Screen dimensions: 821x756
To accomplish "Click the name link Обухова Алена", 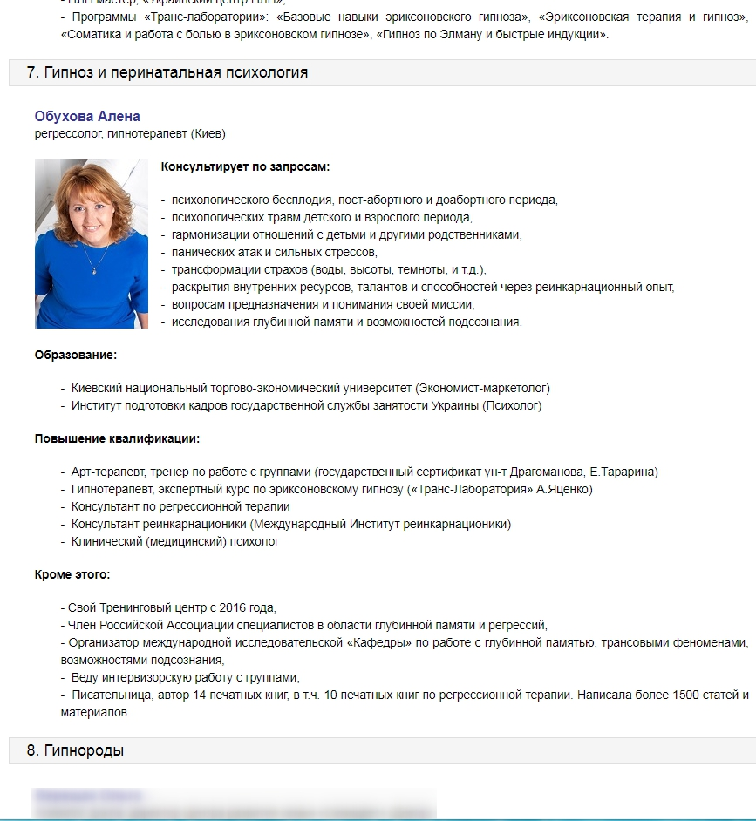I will point(87,117).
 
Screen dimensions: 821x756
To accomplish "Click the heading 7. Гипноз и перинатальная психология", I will point(167,72).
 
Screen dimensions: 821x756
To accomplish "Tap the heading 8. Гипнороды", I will point(75,750).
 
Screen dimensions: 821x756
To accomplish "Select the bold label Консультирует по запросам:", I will point(246,166).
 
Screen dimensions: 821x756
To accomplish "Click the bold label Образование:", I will point(76,355).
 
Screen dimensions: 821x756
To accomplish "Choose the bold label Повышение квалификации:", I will point(117,438).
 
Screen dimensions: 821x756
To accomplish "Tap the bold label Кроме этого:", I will point(72,574).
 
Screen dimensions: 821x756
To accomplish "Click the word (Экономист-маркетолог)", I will point(482,388).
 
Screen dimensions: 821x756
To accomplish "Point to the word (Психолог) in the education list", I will point(512,405).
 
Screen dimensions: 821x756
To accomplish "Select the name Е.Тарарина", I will point(624,472).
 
